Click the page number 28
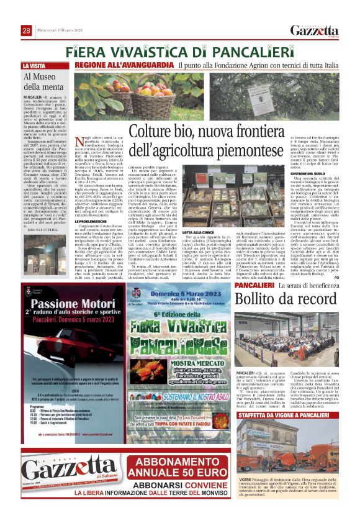[27, 30]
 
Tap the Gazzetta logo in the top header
[315, 31]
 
